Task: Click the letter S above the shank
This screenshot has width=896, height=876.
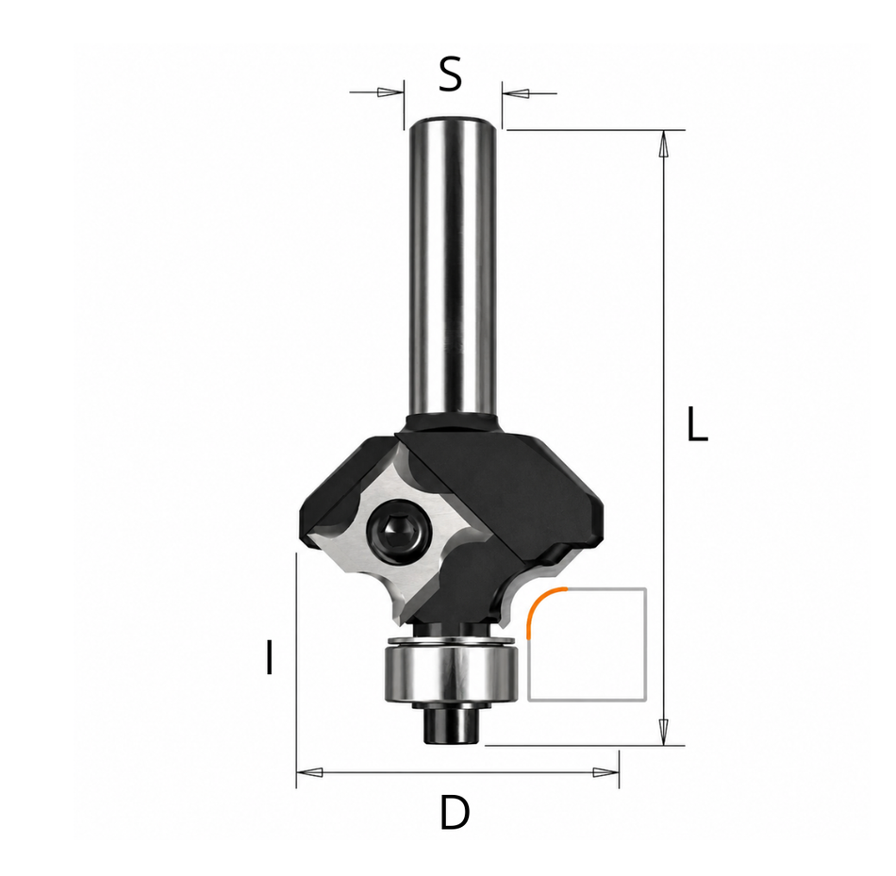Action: click(450, 74)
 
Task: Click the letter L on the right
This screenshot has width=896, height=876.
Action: click(697, 424)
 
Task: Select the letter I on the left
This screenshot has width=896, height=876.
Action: click(269, 658)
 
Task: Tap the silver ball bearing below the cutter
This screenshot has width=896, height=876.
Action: click(452, 669)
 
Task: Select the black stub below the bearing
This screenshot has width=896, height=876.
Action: click(452, 724)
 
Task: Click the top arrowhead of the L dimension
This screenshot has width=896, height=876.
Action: click(663, 144)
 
